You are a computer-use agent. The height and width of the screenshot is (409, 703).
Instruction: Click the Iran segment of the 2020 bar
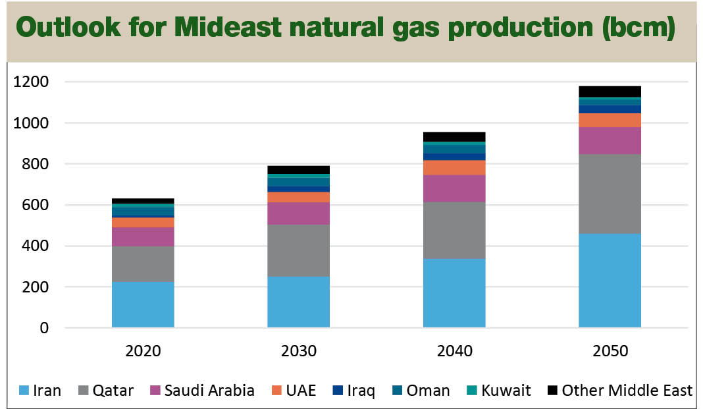(143, 304)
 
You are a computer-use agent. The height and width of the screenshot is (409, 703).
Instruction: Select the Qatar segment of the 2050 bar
(610, 194)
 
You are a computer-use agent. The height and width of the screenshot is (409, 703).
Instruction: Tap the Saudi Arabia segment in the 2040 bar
(454, 188)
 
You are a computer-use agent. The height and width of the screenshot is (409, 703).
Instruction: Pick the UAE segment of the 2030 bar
(298, 197)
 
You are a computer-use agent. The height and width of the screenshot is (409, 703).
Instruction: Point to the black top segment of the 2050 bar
(610, 91)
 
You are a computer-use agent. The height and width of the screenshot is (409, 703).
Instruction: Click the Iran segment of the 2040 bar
(454, 292)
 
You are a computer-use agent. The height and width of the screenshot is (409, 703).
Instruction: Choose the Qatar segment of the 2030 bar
(298, 250)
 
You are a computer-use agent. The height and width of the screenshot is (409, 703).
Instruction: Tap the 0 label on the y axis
(45, 328)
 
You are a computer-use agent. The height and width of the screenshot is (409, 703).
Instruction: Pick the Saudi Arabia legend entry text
(210, 391)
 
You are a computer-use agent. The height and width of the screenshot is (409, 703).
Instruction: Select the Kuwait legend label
(506, 391)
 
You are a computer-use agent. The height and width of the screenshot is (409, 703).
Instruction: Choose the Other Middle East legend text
(627, 391)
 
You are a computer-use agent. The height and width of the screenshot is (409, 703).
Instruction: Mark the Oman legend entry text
(428, 391)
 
